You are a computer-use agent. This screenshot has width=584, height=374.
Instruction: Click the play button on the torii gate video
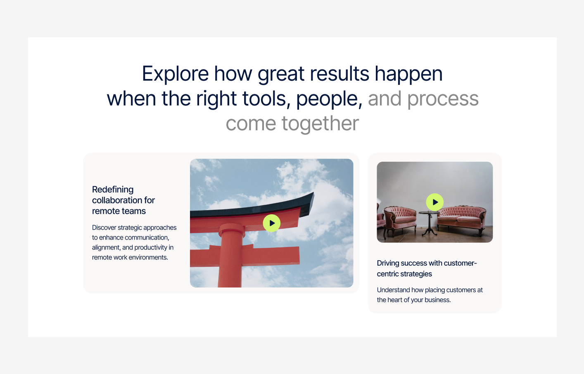pyautogui.click(x=271, y=223)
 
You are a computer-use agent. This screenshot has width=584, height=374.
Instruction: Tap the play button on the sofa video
pyautogui.click(x=434, y=202)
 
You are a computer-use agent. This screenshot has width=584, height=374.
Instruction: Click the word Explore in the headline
pyautogui.click(x=175, y=74)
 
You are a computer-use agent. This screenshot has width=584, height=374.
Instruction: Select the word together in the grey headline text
pyautogui.click(x=320, y=124)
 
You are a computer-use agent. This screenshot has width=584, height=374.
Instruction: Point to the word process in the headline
pyautogui.click(x=443, y=99)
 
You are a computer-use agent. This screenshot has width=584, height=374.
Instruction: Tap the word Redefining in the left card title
pyautogui.click(x=113, y=189)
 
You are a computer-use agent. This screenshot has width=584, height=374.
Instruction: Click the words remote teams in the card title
pyautogui.click(x=119, y=211)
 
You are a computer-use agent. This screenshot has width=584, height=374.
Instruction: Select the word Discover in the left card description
pyautogui.click(x=104, y=228)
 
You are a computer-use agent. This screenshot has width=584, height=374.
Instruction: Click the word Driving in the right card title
pyautogui.click(x=388, y=263)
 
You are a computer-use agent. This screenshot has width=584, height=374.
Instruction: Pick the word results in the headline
pyautogui.click(x=339, y=74)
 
